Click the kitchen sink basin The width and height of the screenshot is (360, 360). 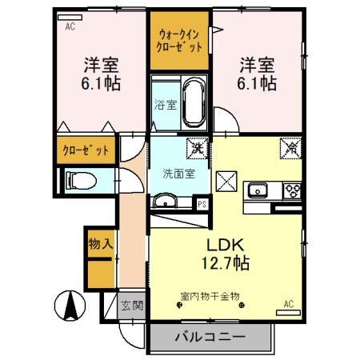click(259, 190)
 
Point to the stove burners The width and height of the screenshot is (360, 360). click(290, 191)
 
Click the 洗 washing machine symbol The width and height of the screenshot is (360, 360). click(194, 147)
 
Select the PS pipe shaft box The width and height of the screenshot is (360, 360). click(202, 203)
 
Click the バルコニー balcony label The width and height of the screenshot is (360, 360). click(210, 337)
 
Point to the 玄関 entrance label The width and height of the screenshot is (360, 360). click(131, 306)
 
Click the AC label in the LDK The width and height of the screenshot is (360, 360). click(290, 304)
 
